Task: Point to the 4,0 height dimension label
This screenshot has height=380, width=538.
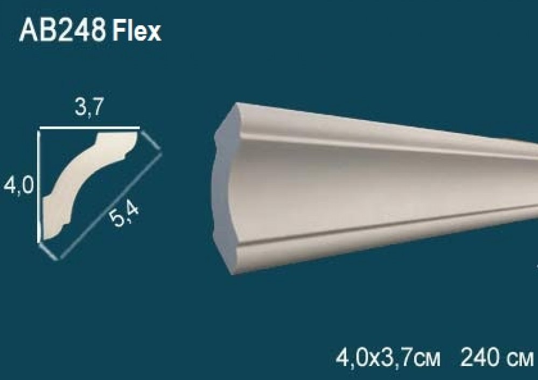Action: point(18,187)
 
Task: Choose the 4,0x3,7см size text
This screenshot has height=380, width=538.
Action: point(387,358)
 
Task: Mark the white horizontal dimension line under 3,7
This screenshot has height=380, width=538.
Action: point(89,128)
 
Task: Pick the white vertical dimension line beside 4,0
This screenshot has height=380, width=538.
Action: point(39,185)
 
